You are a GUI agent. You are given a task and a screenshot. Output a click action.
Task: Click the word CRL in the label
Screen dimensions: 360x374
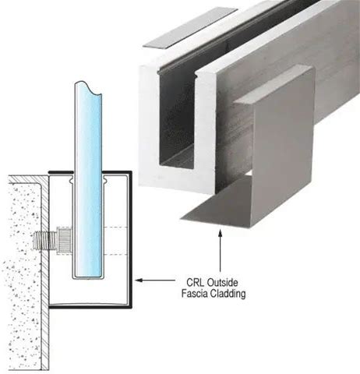coord(196,282)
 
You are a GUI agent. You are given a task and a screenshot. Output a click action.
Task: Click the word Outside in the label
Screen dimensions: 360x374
coord(223,282)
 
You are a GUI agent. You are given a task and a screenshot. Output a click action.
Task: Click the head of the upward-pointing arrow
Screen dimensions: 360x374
coord(221,233)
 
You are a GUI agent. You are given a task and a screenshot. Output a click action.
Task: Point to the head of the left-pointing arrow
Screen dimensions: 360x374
coord(139,280)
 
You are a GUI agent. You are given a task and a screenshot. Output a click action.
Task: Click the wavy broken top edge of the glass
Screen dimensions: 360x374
coord(89,86)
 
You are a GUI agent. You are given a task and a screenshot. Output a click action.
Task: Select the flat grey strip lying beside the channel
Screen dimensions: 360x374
coord(189,28)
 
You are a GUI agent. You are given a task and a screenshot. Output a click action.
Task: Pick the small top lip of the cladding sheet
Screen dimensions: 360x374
coord(273,84)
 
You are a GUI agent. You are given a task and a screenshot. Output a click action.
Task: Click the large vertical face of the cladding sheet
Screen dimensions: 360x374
coord(282,148)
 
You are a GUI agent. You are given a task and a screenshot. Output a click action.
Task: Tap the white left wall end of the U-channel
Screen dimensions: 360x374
coord(149,127)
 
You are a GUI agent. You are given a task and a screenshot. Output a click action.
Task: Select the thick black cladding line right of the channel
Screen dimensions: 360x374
coord(130,239)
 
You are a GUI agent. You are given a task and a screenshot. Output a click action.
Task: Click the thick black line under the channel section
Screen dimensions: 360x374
coord(90,307)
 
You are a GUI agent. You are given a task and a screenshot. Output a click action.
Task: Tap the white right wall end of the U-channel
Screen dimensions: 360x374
coord(206,130)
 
